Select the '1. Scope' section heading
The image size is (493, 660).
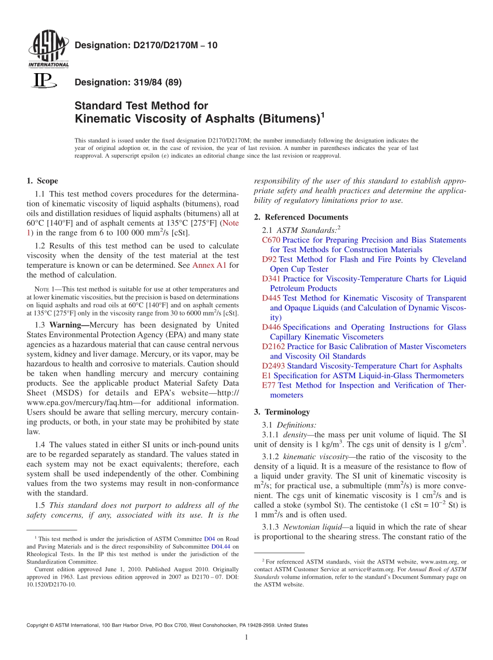click(43, 181)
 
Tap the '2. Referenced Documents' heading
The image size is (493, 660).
click(301, 217)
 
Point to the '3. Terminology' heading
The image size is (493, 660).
click(282, 412)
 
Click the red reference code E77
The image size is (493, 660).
click(268, 386)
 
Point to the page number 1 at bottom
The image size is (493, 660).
click(246, 638)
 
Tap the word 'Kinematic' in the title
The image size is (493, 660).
click(104, 119)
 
